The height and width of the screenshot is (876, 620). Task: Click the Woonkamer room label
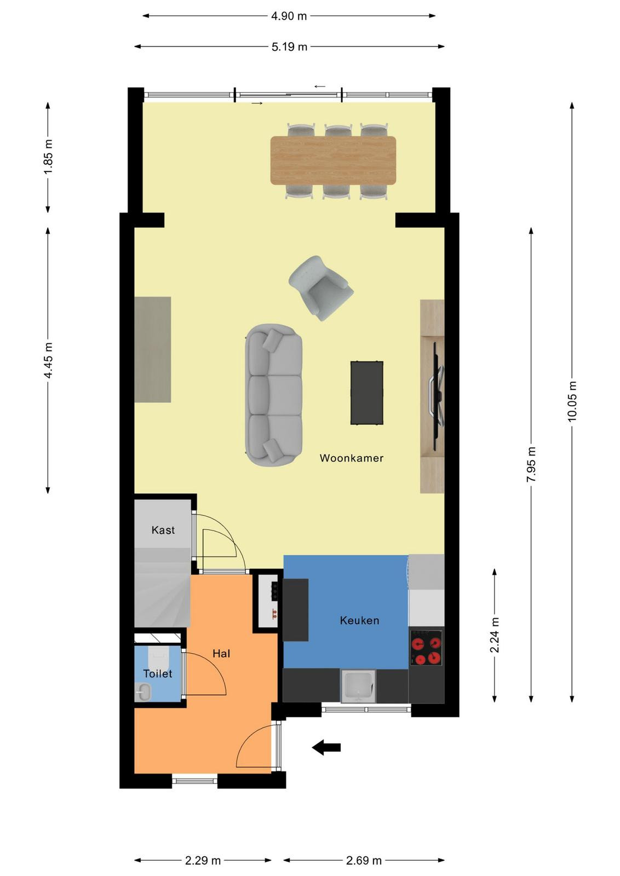pyautogui.click(x=351, y=458)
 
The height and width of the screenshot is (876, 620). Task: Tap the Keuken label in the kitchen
pyautogui.click(x=359, y=620)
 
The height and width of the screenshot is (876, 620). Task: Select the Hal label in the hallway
pyautogui.click(x=221, y=654)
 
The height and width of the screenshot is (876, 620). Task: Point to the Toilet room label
pyautogui.click(x=158, y=673)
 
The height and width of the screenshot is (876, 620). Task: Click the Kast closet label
pyautogui.click(x=163, y=530)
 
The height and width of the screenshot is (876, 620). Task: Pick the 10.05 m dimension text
pyautogui.click(x=572, y=401)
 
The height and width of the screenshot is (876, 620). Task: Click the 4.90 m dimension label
pyautogui.click(x=289, y=16)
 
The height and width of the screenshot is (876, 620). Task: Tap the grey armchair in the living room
pyautogui.click(x=321, y=288)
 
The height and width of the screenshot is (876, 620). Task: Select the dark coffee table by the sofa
pyautogui.click(x=367, y=393)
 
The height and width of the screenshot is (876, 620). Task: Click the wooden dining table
pyautogui.click(x=333, y=160)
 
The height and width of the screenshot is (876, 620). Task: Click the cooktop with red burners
pyautogui.click(x=426, y=648)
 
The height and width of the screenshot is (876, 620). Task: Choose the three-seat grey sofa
pyautogui.click(x=273, y=395)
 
